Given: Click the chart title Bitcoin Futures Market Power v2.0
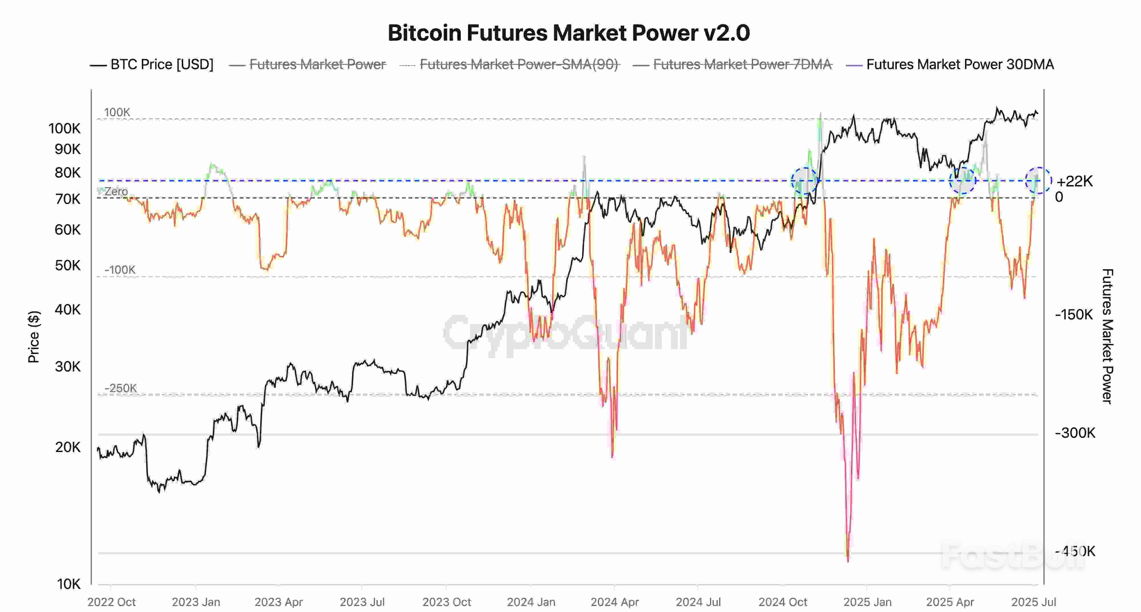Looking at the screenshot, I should point(569,33).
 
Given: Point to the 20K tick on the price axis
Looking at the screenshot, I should point(68,447).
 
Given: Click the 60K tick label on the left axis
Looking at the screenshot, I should point(68,230).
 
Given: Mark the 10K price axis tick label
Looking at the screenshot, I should point(69,584).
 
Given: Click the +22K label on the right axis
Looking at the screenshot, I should point(1075,181).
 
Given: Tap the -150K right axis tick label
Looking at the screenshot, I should point(1074,315).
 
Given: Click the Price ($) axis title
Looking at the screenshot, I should point(34,337).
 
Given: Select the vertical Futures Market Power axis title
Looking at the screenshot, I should point(1107,337).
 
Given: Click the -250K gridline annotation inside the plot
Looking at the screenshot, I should point(120,388).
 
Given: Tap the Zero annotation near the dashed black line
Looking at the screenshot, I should point(116,192).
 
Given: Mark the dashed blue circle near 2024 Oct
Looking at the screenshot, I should point(804,181).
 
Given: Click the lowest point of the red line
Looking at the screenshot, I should point(848,561).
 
